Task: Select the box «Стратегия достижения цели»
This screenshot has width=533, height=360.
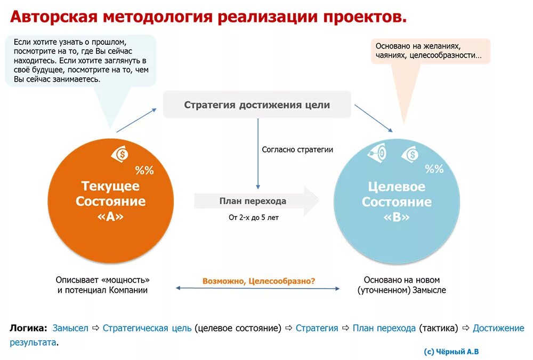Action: tap(257, 105)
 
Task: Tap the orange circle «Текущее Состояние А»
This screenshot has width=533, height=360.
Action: tap(110, 201)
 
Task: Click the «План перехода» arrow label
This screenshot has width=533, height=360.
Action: tap(253, 201)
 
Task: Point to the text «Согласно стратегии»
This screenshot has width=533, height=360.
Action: tap(297, 150)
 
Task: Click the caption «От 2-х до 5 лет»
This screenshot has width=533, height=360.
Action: tap(253, 218)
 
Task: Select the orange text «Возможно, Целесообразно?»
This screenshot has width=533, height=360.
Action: tap(259, 281)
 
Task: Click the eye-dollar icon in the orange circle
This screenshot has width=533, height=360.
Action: tap(120, 155)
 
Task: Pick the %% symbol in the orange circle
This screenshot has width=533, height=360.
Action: tap(144, 171)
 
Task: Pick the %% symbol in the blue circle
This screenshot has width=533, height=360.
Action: tap(434, 169)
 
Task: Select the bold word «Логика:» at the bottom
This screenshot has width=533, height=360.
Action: tap(28, 328)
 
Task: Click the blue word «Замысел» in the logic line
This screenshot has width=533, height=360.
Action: tap(70, 328)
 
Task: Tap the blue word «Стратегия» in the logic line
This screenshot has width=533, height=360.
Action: tap(317, 328)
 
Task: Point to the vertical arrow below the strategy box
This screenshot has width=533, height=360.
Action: tap(259, 155)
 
